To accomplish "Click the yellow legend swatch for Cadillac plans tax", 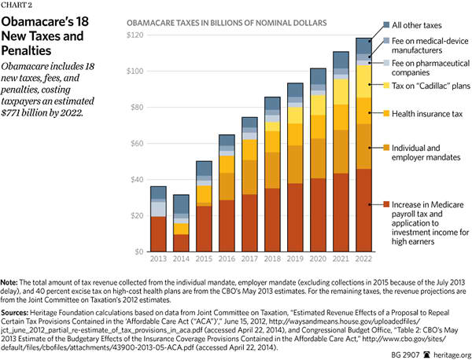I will click(x=365, y=84).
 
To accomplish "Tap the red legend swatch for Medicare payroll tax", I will click(x=365, y=204).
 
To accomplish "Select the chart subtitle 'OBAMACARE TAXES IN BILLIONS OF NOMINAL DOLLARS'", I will click(x=227, y=22).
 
